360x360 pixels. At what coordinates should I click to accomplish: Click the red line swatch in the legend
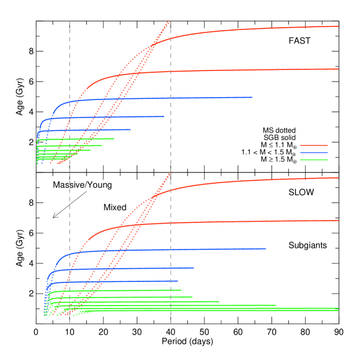314,145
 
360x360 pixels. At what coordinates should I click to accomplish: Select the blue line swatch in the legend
314,153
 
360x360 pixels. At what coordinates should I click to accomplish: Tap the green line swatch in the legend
314,159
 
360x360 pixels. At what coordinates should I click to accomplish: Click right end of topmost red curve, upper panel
338,26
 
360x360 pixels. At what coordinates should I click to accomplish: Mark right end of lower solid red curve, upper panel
338,69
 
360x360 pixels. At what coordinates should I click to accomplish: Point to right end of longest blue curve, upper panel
252,97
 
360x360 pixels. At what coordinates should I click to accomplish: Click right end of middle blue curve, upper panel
164,116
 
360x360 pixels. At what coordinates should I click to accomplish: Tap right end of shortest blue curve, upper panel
131,129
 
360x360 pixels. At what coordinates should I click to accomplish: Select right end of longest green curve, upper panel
114,139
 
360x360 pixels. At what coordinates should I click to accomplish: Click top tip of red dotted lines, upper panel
169,21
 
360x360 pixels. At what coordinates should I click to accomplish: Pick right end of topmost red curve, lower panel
338,177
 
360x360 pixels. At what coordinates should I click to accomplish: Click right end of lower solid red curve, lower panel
338,220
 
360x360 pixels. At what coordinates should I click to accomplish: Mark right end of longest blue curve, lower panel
266,248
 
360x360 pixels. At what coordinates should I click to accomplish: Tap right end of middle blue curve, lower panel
194,268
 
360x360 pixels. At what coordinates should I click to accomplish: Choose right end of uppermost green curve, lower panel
181,290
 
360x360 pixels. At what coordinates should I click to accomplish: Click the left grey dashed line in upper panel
70,87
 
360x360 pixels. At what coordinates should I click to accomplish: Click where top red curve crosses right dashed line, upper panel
170,39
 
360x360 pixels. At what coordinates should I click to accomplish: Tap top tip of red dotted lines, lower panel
170,173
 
